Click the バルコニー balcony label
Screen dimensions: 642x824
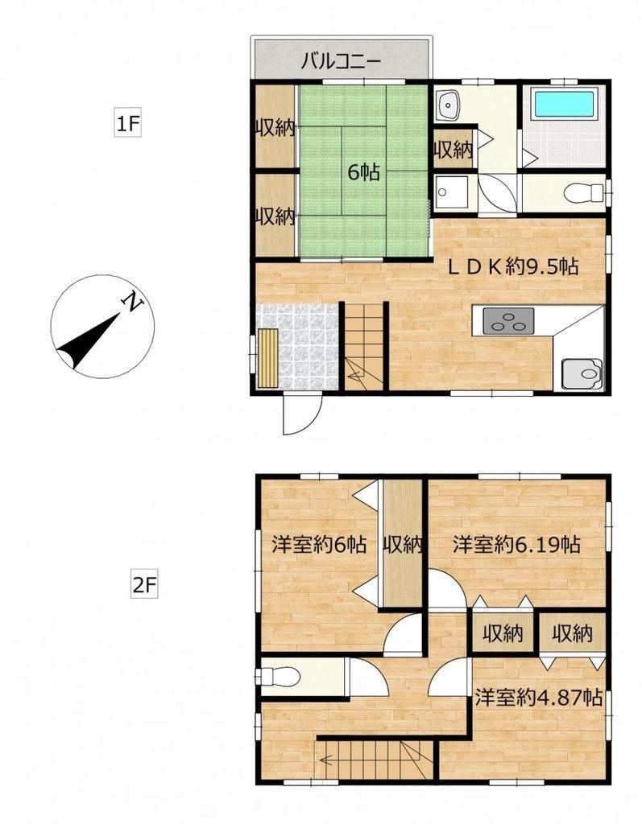341,62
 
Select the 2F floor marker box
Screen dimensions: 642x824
145,585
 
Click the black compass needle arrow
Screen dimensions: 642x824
89,340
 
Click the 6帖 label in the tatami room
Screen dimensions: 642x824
363,172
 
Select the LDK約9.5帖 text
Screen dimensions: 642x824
513,267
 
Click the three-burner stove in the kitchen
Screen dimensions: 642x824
508,322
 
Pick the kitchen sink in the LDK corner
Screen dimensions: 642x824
582,373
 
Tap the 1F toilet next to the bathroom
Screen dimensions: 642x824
584,192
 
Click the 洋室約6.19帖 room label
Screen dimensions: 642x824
517,545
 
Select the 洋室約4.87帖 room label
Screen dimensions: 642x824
539,698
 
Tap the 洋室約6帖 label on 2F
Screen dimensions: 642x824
320,545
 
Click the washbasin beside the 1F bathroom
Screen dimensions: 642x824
449,105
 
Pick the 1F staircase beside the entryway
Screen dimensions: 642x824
364,347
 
